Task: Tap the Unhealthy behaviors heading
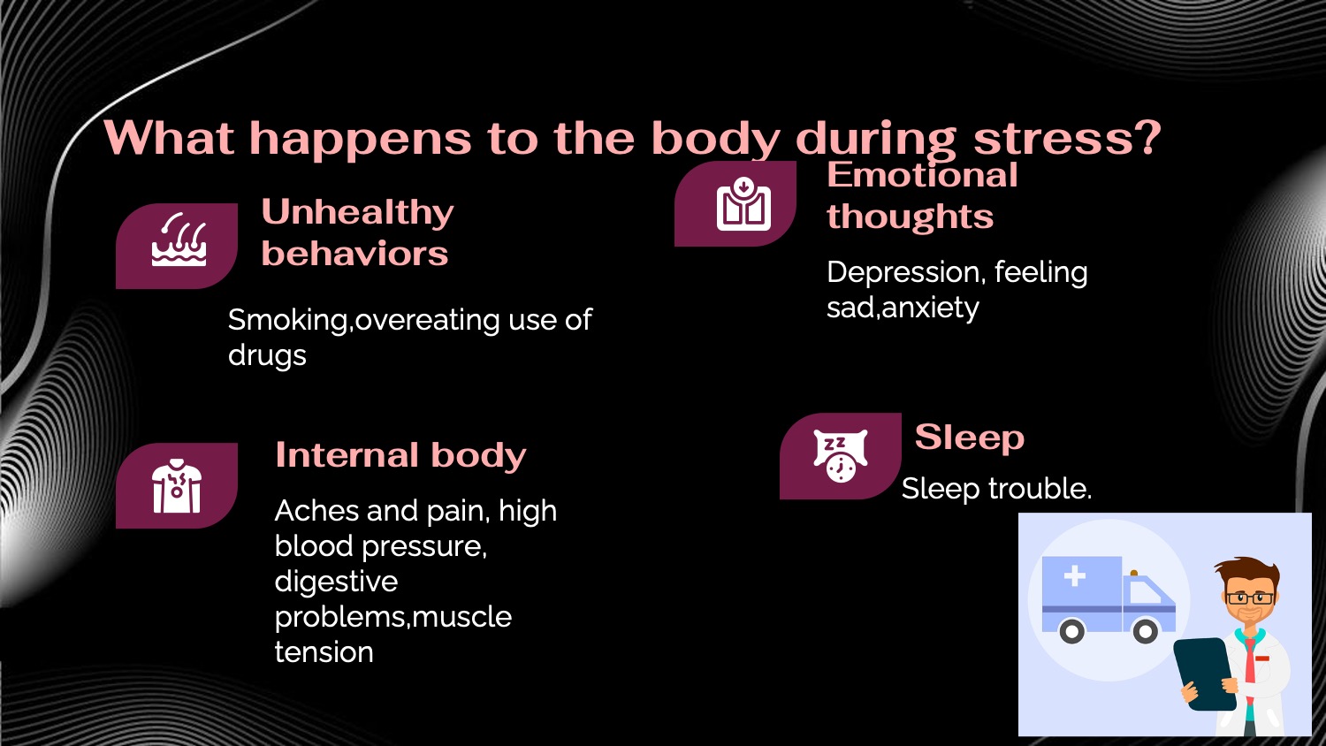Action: pos(357,232)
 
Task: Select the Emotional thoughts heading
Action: pos(921,195)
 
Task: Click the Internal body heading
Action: pos(400,455)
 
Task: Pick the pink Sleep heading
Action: pos(969,437)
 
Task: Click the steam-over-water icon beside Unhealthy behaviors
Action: pos(179,240)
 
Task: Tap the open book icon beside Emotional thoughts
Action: pos(743,204)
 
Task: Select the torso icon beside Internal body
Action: pos(177,486)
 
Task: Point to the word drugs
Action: pos(267,355)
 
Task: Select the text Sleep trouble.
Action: pos(996,489)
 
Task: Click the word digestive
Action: pos(336,582)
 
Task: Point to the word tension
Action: pos(324,652)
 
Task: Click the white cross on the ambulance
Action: pos(1074,576)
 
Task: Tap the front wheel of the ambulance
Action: pos(1145,631)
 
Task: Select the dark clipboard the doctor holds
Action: pos(1204,672)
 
